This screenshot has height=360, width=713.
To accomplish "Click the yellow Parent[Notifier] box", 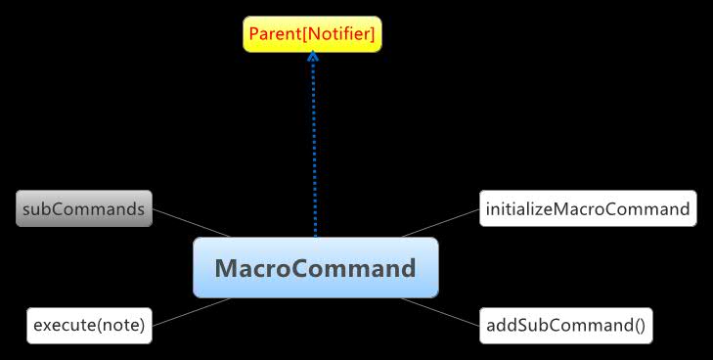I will click(x=312, y=36).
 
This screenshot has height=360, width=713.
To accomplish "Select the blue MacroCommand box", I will click(x=315, y=267).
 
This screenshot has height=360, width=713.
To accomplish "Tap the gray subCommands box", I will click(x=84, y=208).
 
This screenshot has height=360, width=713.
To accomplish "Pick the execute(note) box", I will click(x=89, y=325).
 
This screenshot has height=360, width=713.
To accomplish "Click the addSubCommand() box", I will click(x=565, y=325).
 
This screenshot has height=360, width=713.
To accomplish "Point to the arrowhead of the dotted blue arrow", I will click(x=313, y=57).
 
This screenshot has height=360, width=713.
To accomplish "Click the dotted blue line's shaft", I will click(x=314, y=147).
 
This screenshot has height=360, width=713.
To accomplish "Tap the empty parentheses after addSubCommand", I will click(x=640, y=325).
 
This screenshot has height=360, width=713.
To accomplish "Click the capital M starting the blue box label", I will click(x=226, y=267).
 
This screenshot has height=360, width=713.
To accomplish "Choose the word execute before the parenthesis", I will click(x=64, y=325).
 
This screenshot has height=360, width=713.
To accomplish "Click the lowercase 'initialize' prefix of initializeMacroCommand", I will click(x=517, y=208).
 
